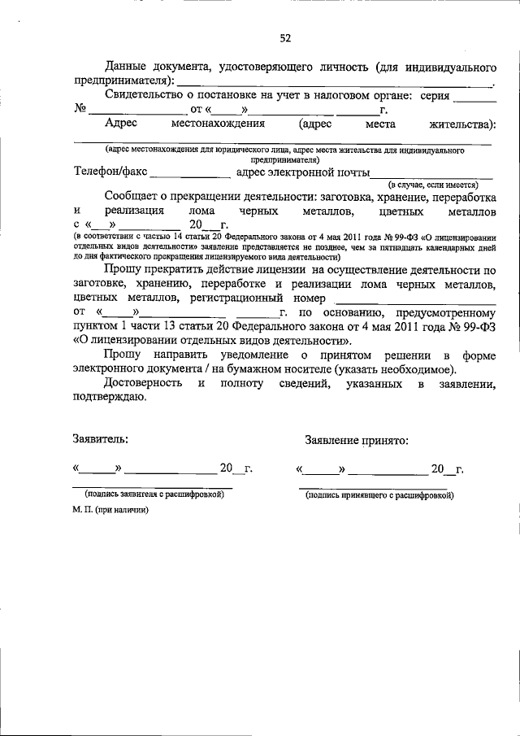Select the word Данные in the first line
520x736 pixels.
click(x=133, y=65)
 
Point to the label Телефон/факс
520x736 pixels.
click(x=110, y=172)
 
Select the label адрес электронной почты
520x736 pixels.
click(x=302, y=172)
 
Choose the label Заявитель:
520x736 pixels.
click(x=99, y=440)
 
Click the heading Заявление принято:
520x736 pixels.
click(x=357, y=440)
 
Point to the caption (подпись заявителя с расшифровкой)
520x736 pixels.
click(x=154, y=494)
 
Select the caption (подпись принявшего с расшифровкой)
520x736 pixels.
click(x=379, y=494)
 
